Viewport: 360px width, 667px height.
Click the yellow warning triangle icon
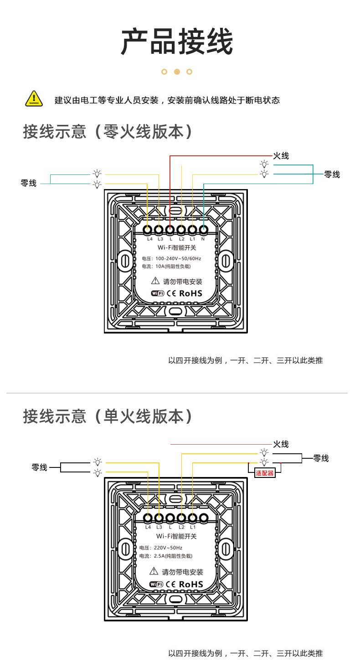point(33,99)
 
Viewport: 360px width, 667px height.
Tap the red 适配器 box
point(265,473)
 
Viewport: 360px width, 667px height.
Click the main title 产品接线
point(177,42)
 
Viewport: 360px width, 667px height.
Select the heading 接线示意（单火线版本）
point(108,416)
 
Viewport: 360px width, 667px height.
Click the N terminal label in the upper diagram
point(203,239)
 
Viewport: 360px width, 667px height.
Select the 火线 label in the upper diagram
point(281,156)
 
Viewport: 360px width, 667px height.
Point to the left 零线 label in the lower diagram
point(39,467)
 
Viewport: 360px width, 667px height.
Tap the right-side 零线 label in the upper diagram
point(332,174)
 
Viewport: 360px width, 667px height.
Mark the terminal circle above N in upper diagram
point(203,230)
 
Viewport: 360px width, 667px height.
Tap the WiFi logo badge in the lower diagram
point(156,584)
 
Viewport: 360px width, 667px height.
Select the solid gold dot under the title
point(177,72)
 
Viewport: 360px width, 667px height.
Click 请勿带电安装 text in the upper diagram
point(183,282)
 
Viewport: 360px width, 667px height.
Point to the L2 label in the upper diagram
point(181,239)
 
